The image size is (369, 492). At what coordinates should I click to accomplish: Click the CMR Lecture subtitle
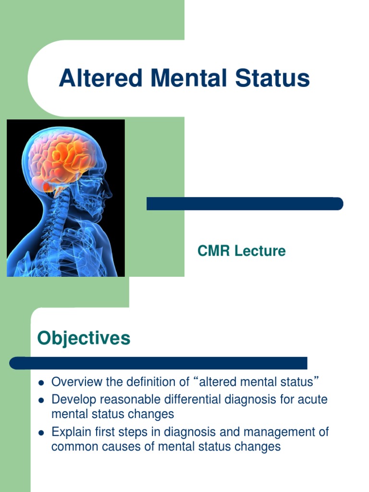(x=242, y=250)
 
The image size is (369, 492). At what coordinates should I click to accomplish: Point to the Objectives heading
(x=84, y=338)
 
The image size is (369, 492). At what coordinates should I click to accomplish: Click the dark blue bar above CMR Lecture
(x=245, y=204)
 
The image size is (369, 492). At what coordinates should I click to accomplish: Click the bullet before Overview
(x=41, y=383)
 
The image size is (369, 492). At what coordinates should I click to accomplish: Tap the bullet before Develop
(x=41, y=400)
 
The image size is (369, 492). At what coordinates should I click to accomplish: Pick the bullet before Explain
(x=41, y=432)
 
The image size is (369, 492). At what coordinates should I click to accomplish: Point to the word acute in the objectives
(x=314, y=399)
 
